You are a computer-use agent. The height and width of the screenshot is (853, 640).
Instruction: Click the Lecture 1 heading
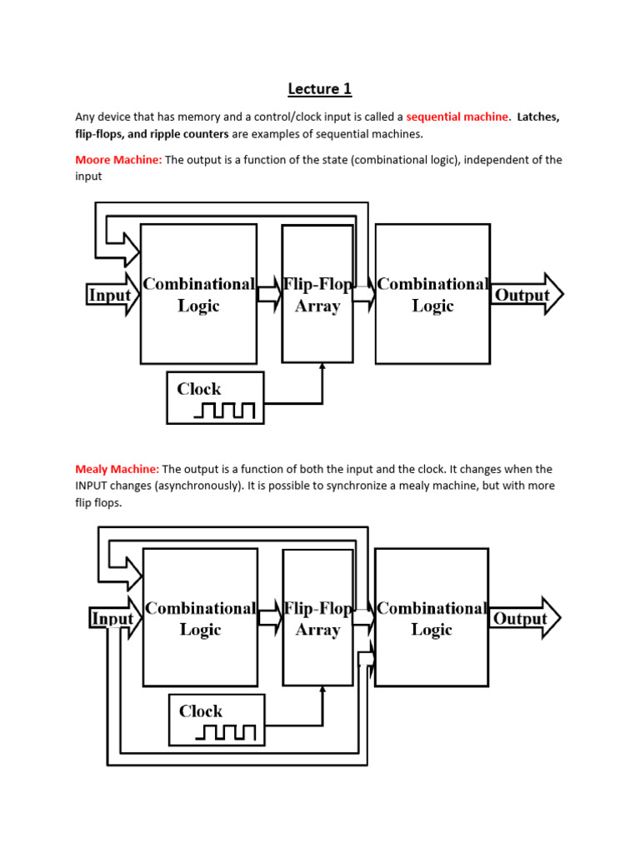click(x=314, y=88)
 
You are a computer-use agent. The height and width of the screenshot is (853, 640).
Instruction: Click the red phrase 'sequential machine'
click(x=457, y=117)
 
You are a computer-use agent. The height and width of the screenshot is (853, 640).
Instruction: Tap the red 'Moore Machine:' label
click(x=118, y=160)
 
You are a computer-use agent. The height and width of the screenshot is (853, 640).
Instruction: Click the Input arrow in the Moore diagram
click(x=112, y=295)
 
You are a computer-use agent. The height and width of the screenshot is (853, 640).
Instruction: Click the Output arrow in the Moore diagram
click(x=526, y=295)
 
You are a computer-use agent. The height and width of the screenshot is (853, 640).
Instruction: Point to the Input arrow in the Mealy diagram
click(x=113, y=619)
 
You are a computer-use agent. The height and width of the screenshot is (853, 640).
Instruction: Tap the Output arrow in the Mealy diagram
click(x=523, y=618)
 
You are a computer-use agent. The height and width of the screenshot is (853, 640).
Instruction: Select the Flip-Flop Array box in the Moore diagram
click(x=317, y=294)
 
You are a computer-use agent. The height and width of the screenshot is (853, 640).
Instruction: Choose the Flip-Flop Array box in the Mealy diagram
click(x=317, y=618)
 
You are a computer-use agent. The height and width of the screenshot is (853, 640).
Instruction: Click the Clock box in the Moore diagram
click(x=215, y=397)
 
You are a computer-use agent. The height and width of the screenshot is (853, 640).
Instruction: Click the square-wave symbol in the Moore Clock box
click(x=225, y=410)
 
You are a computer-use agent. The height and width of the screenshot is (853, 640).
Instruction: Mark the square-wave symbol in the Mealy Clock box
click(x=227, y=732)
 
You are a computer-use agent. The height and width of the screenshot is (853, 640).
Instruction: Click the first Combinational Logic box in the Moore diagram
click(x=198, y=294)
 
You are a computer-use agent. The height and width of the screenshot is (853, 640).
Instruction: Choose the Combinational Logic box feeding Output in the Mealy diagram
click(x=432, y=618)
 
